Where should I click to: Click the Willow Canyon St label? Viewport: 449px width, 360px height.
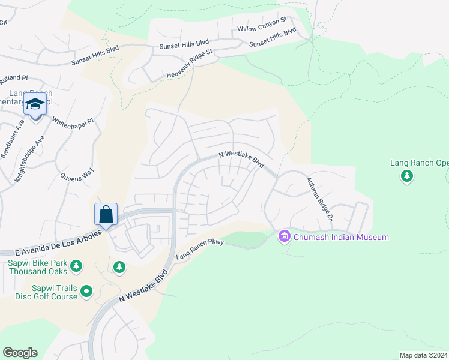[x=262, y=28]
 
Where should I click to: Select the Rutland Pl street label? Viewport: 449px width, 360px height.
[x=14, y=79]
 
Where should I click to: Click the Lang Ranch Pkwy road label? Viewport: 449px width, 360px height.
[x=199, y=251]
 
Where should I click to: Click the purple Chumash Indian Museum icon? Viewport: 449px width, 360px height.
[x=285, y=237]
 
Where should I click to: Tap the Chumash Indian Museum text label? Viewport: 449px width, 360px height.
[x=341, y=237]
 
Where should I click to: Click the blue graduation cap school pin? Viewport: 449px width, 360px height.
[x=35, y=106]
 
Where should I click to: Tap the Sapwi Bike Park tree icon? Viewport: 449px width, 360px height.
[x=76, y=265]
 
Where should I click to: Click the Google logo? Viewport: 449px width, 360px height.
[x=20, y=353]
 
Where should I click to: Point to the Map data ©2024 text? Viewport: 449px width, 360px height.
[x=423, y=355]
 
